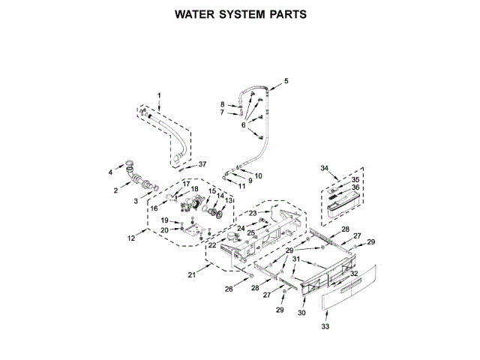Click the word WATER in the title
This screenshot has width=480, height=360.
point(194,14)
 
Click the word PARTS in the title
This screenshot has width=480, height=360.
point(287,14)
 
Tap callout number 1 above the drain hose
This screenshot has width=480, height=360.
point(158,94)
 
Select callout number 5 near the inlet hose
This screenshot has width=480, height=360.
point(286,80)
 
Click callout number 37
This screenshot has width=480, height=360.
point(202,166)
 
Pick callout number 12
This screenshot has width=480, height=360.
point(132,238)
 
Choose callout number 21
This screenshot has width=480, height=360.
point(192,275)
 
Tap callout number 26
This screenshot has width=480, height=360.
point(229,289)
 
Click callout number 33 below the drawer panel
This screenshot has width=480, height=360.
point(325,326)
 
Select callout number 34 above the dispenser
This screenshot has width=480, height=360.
point(324,168)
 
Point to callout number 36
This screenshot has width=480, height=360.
point(355,187)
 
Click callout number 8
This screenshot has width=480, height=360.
point(222,103)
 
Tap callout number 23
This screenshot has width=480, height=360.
point(253,213)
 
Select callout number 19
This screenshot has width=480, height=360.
point(164,220)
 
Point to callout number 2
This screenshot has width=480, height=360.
point(116,190)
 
